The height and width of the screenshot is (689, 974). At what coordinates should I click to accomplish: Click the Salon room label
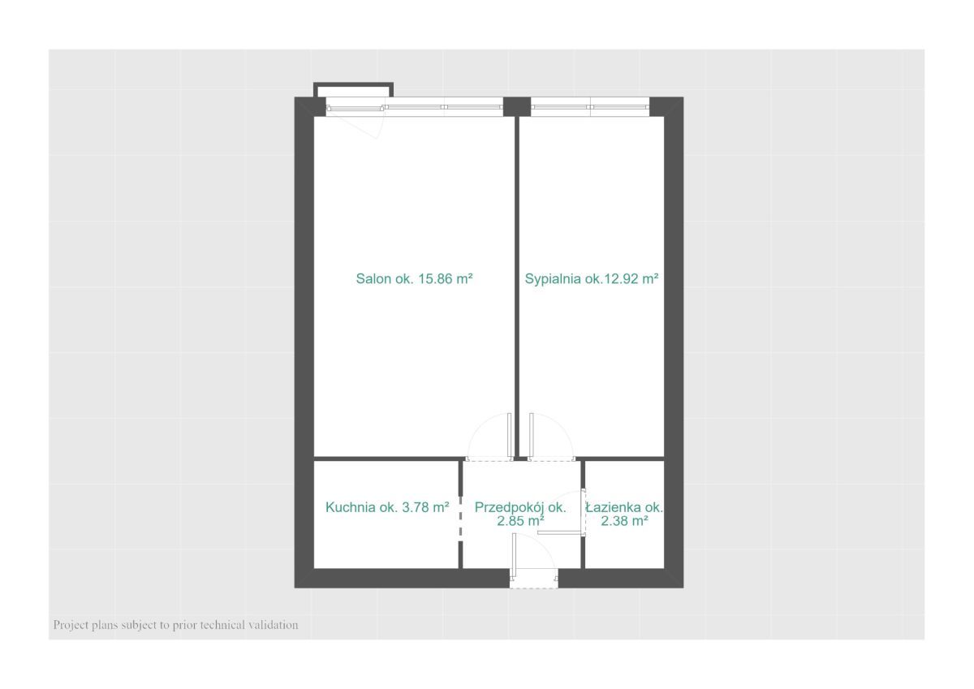(414, 278)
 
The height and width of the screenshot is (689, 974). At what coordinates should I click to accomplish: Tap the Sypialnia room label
(592, 278)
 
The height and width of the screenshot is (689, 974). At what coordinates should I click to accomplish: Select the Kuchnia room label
(387, 507)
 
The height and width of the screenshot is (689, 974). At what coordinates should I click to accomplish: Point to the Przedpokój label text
(520, 507)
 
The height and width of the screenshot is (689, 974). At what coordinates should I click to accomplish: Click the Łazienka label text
(624, 507)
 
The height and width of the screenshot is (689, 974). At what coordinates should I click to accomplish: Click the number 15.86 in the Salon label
(435, 278)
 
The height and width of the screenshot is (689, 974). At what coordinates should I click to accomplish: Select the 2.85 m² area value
(520, 520)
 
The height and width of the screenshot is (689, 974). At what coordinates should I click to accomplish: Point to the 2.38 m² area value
(624, 520)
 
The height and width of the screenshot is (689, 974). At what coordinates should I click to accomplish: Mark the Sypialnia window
(590, 107)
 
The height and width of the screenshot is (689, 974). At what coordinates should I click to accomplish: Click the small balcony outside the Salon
(353, 90)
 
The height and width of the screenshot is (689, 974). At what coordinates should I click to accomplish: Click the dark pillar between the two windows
(516, 106)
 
